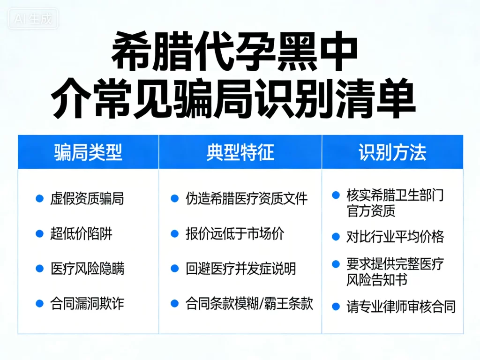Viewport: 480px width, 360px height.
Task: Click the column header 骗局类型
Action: pos(88,153)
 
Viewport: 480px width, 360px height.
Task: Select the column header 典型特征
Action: pos(240,153)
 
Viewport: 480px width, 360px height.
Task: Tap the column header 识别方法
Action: pos(392,153)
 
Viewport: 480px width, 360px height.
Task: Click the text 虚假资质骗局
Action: pos(87,199)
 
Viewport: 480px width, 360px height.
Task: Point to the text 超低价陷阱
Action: pos(81,233)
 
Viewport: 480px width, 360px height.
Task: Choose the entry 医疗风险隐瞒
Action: pos(87,269)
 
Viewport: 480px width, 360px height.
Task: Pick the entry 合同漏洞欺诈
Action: pos(87,303)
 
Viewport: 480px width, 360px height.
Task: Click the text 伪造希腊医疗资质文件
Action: pos(247,199)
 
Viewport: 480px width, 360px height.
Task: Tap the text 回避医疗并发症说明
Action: pos(240,269)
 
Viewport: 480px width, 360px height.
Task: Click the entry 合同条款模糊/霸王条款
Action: pos(249,303)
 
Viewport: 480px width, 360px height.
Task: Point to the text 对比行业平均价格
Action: pos(395,236)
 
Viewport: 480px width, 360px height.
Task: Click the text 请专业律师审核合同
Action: pos(401,307)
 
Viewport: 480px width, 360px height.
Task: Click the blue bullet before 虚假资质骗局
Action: pos(40,199)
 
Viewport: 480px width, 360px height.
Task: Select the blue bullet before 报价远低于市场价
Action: pos(175,233)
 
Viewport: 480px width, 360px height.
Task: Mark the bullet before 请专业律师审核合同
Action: pos(336,307)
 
